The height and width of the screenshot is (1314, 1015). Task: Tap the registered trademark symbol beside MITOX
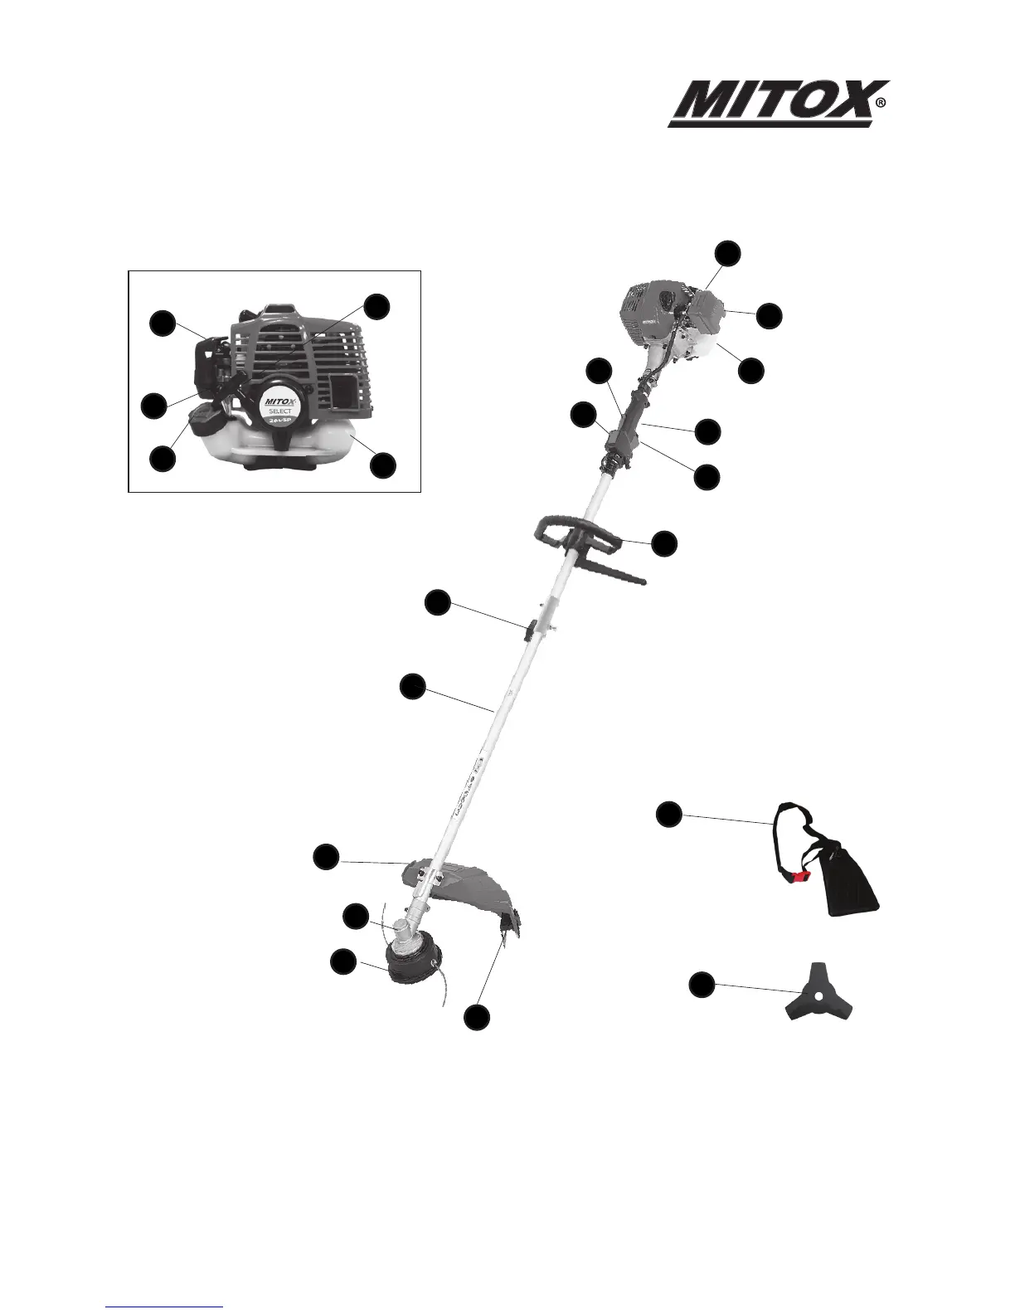[881, 104]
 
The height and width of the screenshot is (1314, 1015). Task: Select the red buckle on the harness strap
[799, 875]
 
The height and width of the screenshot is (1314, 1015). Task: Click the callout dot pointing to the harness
[669, 814]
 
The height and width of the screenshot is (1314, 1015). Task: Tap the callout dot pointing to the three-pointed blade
[702, 985]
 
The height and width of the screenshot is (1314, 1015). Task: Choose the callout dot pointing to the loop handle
[664, 543]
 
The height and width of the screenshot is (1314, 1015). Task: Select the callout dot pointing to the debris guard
[326, 857]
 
